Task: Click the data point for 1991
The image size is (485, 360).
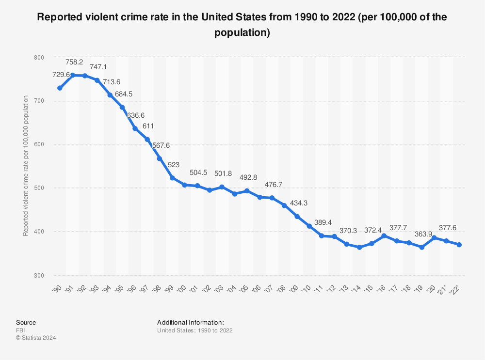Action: tap(72, 75)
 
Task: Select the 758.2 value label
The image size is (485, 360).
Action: tap(74, 62)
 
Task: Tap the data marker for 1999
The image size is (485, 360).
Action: tap(172, 178)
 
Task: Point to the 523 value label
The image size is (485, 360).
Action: tap(174, 165)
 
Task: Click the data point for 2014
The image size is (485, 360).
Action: tap(359, 247)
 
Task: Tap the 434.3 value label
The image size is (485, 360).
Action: tap(299, 203)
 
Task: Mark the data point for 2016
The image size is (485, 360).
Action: tap(384, 235)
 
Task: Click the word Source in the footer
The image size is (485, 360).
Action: tap(26, 323)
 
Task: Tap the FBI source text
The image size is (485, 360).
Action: tap(20, 330)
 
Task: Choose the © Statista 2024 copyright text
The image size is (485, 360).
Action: tap(36, 338)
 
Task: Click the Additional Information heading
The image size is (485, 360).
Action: tap(191, 323)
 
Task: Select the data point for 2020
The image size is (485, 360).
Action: tap(434, 238)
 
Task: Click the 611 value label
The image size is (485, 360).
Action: tap(148, 126)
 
